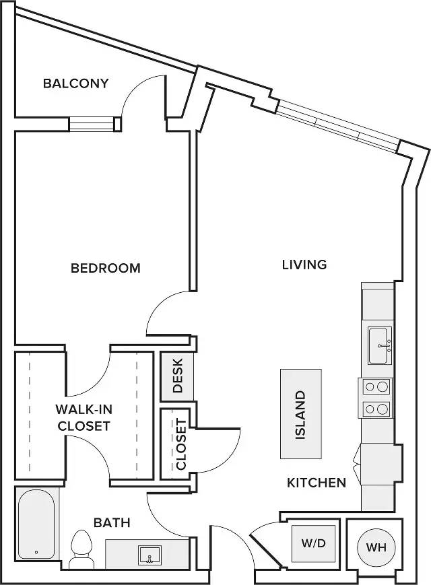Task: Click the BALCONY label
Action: (75, 83)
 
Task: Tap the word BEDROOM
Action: (106, 268)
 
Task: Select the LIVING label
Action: (304, 265)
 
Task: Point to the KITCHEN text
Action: (317, 483)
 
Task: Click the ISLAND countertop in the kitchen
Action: (301, 414)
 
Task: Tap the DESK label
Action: (178, 376)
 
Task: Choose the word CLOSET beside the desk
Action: (180, 444)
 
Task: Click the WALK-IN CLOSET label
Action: (84, 417)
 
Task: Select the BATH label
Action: (112, 522)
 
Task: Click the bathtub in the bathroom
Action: (36, 524)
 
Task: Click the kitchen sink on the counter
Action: (380, 345)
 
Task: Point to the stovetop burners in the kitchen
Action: (376, 398)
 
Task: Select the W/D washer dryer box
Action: (313, 543)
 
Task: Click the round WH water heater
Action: (376, 548)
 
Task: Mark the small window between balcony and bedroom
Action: (92, 125)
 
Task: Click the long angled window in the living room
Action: (337, 127)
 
